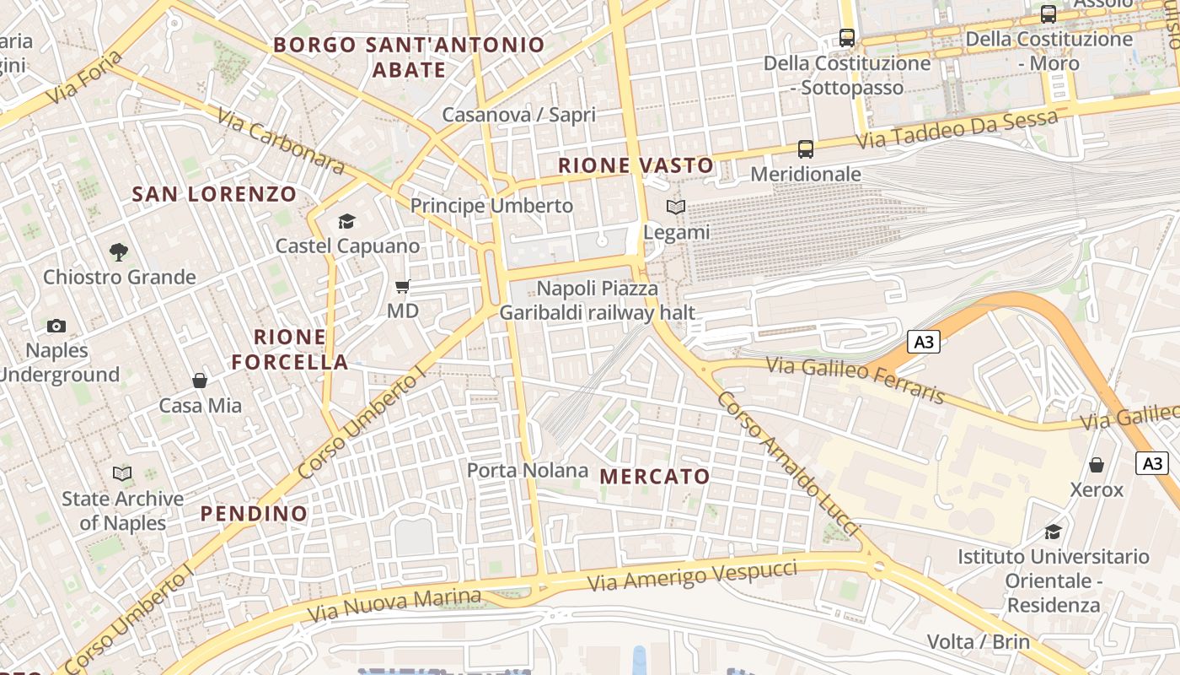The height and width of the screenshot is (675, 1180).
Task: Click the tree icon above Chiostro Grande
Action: click(119, 251)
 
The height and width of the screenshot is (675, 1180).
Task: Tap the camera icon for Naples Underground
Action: click(56, 326)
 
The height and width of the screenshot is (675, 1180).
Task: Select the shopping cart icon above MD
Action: click(403, 287)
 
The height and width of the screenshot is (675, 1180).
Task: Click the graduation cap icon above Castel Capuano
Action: click(346, 221)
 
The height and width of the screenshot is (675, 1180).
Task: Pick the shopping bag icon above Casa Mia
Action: click(200, 381)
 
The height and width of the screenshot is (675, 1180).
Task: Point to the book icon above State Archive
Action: click(122, 473)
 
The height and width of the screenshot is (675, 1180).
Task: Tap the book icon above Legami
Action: click(676, 207)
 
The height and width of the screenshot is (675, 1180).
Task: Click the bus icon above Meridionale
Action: click(806, 149)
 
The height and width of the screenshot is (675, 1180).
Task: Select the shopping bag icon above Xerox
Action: click(1097, 465)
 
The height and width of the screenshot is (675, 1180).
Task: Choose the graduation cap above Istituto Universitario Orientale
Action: click(1053, 532)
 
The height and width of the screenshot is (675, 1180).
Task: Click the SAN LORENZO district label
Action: click(214, 194)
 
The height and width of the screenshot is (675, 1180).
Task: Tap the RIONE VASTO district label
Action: click(636, 165)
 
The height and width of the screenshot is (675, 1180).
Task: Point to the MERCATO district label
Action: click(655, 477)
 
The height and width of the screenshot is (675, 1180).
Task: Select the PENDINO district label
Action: click(254, 513)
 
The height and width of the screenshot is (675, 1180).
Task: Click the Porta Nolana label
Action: click(528, 470)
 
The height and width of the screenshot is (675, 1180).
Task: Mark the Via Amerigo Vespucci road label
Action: click(691, 575)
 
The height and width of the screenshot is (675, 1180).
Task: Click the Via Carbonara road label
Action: click(281, 141)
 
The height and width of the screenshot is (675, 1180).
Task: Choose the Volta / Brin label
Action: click(978, 641)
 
